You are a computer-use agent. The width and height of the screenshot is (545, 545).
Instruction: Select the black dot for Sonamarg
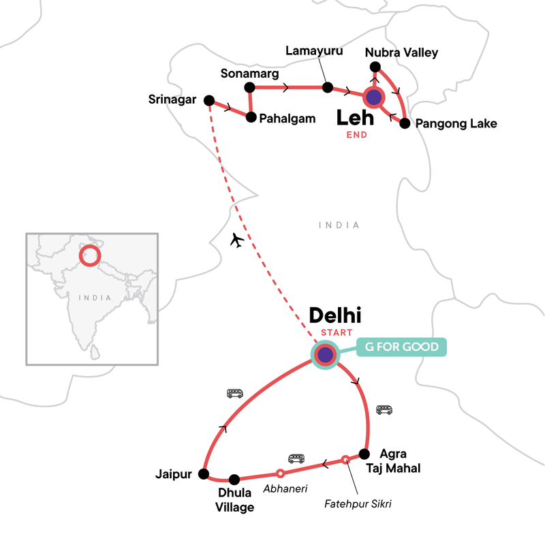[249, 87]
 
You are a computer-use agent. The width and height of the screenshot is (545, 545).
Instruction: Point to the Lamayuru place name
[314, 51]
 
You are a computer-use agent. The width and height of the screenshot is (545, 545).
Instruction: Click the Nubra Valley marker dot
[374, 67]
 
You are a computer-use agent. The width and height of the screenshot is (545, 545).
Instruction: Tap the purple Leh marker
[373, 97]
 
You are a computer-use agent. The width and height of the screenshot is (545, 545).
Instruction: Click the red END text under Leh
[356, 135]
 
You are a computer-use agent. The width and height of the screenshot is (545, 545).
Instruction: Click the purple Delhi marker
[325, 354]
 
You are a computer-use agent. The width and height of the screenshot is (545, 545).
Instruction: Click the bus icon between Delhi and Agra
[384, 410]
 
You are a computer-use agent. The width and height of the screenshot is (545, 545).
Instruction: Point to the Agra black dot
[364, 452]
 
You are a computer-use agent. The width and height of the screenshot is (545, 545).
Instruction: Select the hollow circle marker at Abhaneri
[279, 473]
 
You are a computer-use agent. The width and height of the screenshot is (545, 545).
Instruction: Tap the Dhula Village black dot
[234, 479]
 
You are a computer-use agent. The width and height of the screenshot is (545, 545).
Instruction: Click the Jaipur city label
[173, 474]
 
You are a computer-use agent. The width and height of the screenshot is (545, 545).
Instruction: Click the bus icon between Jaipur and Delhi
[235, 393]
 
